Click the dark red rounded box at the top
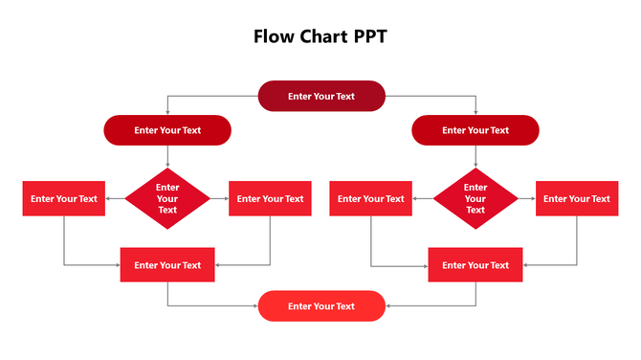[321, 96]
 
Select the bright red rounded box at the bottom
[321, 306]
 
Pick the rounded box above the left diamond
[167, 130]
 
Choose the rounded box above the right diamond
[475, 130]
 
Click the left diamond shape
[167, 199]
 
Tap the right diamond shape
[475, 199]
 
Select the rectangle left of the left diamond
[64, 199]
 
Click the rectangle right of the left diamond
[270, 199]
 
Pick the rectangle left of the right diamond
[370, 199]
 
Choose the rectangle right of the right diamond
[576, 199]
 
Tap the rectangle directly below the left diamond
[167, 265]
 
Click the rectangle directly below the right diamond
[475, 265]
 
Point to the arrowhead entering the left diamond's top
[167, 167]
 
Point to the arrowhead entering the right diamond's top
[475, 167]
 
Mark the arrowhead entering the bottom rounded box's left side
[255, 306]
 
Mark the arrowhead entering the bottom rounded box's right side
[387, 306]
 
